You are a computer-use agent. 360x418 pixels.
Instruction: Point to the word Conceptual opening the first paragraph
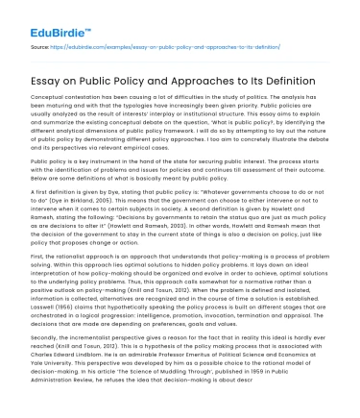(47, 101)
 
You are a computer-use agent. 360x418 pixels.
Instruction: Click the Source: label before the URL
(40, 44)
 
